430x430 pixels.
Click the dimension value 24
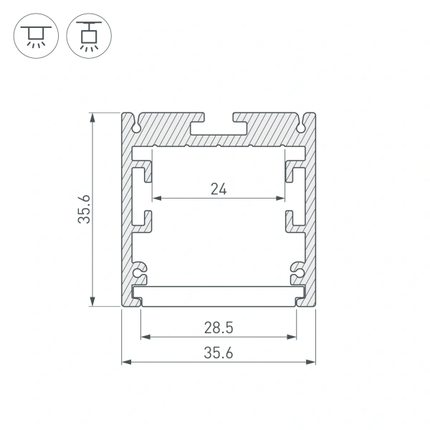tap(219, 188)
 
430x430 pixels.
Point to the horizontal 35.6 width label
tap(219, 353)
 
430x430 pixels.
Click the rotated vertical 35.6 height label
tap(85, 209)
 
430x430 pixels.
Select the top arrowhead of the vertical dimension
tap(92, 116)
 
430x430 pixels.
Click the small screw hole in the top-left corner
tap(136, 127)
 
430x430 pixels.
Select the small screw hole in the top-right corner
tap(301, 127)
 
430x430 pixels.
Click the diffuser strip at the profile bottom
tap(219, 295)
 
